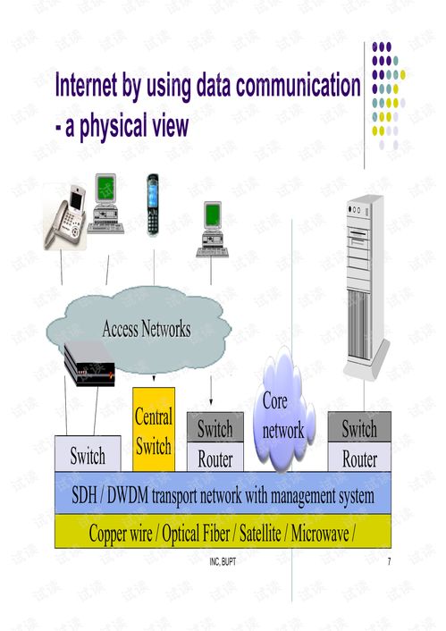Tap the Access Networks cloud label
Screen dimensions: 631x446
pos(146,329)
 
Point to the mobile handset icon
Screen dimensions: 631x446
pos(153,205)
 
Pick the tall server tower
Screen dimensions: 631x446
pos(367,285)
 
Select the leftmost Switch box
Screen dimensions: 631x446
pos(88,456)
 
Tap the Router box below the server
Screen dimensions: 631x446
pos(359,459)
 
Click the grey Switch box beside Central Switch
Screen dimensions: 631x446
pos(215,428)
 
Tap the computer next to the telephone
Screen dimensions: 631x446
pos(108,204)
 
